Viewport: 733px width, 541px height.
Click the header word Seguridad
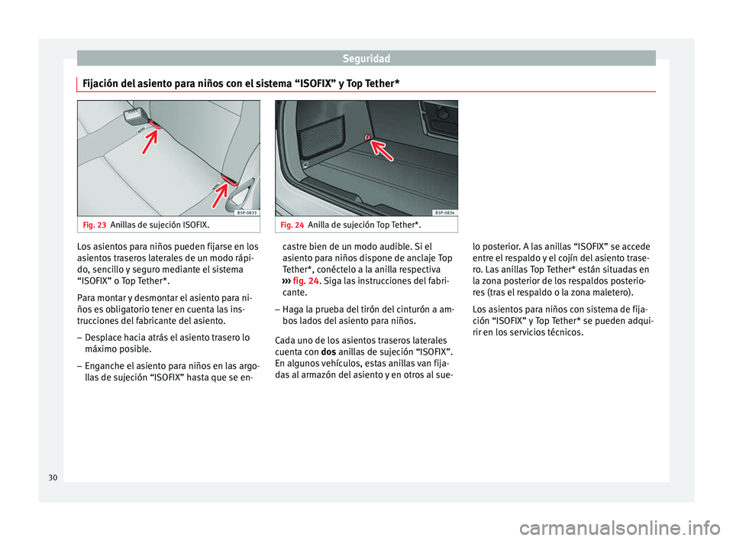[x=366, y=57]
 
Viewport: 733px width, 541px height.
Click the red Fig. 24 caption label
[x=292, y=225]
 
